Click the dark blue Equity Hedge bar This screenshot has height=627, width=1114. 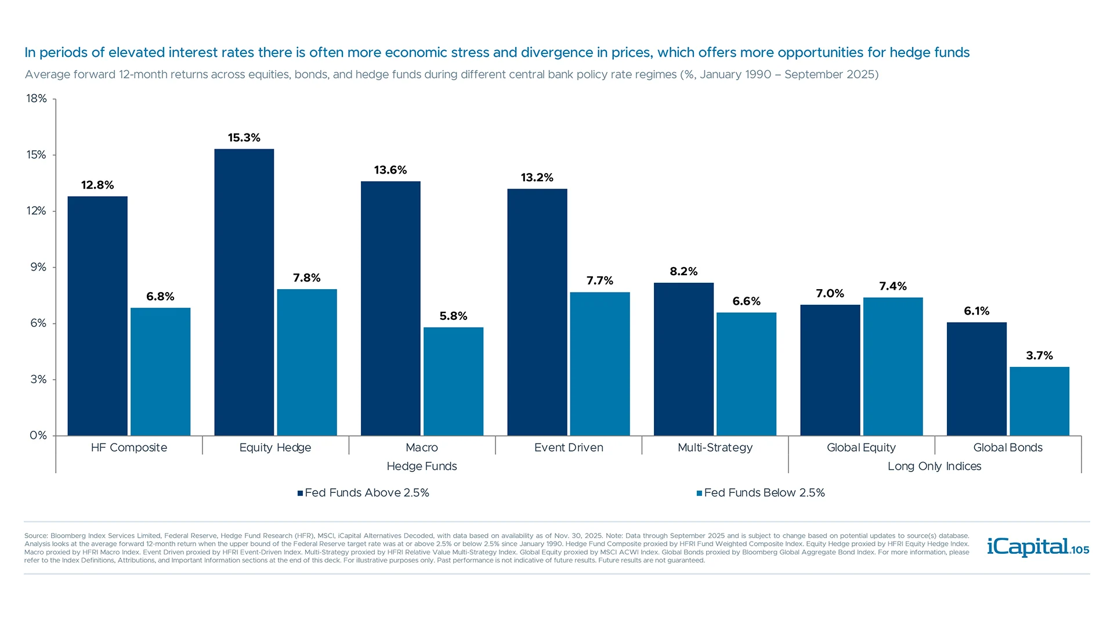pos(244,292)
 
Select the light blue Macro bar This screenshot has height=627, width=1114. pos(453,381)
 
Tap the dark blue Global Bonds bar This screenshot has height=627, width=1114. pos(976,379)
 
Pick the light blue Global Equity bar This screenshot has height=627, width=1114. pos(892,366)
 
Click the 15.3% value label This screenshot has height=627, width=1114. pos(244,138)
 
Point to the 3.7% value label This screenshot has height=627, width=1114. pos(1039,355)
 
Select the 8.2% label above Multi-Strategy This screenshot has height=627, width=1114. pos(683,271)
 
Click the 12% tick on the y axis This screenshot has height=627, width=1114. pos(37,211)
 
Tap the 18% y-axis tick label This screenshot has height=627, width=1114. pos(37,99)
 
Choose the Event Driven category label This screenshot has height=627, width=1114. pos(569,448)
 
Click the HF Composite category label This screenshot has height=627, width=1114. pos(129,448)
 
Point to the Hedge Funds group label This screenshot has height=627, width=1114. pos(422,466)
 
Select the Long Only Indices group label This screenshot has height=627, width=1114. pos(934,466)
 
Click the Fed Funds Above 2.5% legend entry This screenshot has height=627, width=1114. pos(363,493)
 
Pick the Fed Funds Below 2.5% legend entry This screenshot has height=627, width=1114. pos(761,493)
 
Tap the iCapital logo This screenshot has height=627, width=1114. pos(1027,547)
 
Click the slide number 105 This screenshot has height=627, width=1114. pos(1080,550)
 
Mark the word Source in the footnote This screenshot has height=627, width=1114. pos(35,536)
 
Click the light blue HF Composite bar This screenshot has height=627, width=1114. pos(160,372)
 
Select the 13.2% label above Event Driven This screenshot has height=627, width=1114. pos(537,178)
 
